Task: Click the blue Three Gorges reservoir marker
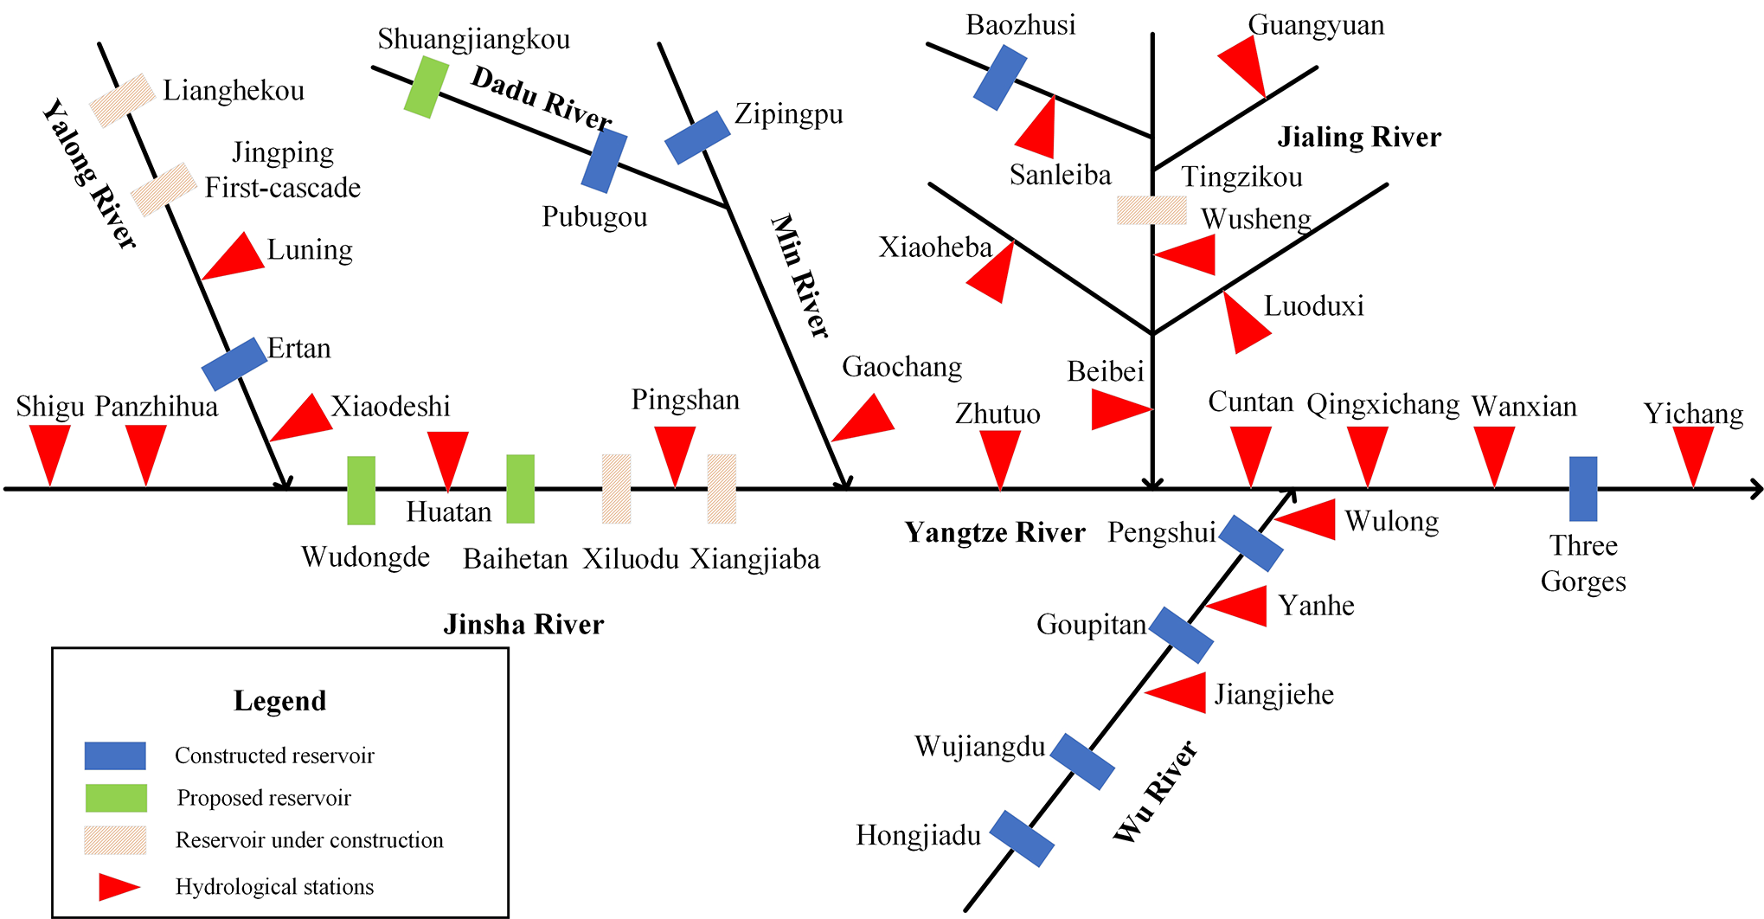pos(1582,488)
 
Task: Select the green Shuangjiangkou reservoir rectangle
pos(426,87)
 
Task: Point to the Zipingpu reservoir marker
pos(697,137)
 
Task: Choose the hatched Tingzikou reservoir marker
pos(1151,210)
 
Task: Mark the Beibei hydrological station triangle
pos(1117,409)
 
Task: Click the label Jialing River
pos(1359,137)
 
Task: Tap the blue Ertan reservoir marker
pos(234,363)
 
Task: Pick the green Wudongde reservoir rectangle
pos(361,490)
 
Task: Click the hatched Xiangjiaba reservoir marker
pos(722,489)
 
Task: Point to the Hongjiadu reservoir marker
pos(1021,838)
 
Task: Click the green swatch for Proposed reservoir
pos(116,798)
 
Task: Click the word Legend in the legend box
pos(279,700)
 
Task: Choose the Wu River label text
pos(1154,791)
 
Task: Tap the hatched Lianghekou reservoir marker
pos(122,100)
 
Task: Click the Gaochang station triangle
pos(866,420)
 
